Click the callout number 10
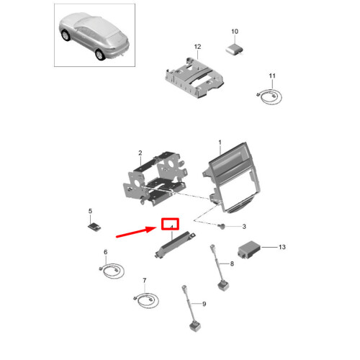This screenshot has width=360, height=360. pyautogui.click(x=234, y=32)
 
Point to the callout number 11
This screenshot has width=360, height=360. pyautogui.click(x=272, y=76)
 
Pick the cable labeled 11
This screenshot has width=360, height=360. pyautogui.click(x=270, y=96)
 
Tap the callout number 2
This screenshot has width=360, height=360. pyautogui.click(x=140, y=153)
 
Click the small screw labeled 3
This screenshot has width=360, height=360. pyautogui.click(x=224, y=227)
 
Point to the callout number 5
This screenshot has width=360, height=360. pyautogui.click(x=90, y=211)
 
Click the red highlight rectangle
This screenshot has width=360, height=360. pyautogui.click(x=171, y=224)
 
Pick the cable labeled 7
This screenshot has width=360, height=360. pyautogui.click(x=144, y=298)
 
